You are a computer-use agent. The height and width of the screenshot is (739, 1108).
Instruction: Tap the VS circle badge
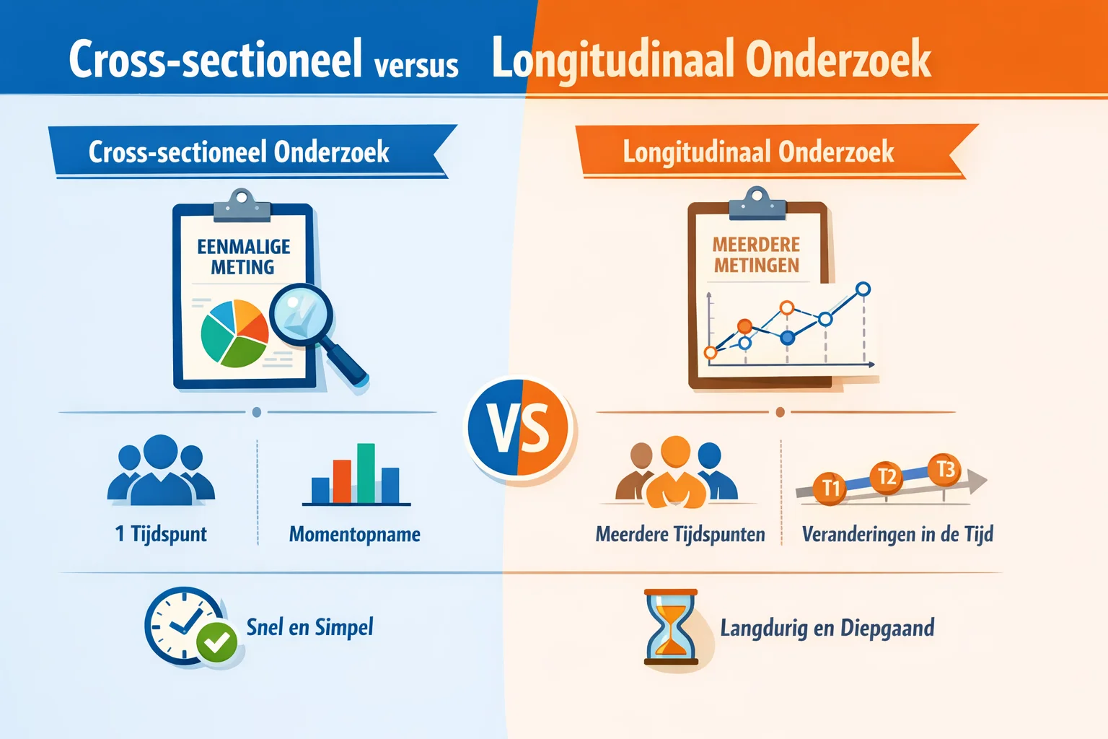(x=519, y=428)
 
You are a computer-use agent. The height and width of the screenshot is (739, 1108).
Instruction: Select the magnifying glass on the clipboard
(x=302, y=314)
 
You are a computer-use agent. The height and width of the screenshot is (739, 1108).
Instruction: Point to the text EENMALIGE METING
(x=243, y=257)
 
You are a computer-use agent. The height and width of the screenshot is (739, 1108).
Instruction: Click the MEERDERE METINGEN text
(x=757, y=255)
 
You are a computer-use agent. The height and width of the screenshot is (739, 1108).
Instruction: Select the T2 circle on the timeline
(x=887, y=477)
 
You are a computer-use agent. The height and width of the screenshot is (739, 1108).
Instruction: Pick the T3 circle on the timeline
(x=944, y=470)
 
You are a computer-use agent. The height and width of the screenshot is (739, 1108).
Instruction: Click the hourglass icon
(x=672, y=626)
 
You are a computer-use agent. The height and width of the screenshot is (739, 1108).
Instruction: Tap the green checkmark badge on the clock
(x=217, y=642)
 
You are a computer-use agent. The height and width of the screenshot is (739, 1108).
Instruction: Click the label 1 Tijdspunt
(x=161, y=534)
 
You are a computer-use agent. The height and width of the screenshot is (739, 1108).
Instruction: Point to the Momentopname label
(x=355, y=534)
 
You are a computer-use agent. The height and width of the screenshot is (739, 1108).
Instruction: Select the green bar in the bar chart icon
(x=366, y=473)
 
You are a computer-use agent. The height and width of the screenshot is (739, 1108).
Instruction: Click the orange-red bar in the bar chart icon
(x=342, y=481)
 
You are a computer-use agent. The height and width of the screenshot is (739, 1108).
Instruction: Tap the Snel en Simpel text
(x=310, y=627)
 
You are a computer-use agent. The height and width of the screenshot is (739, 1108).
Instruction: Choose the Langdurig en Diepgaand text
(x=827, y=628)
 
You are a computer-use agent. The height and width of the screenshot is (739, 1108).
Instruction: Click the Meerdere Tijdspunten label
(x=680, y=535)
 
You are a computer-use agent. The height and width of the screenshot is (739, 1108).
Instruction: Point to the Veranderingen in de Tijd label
(x=897, y=534)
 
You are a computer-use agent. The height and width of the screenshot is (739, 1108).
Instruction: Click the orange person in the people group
(x=675, y=473)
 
